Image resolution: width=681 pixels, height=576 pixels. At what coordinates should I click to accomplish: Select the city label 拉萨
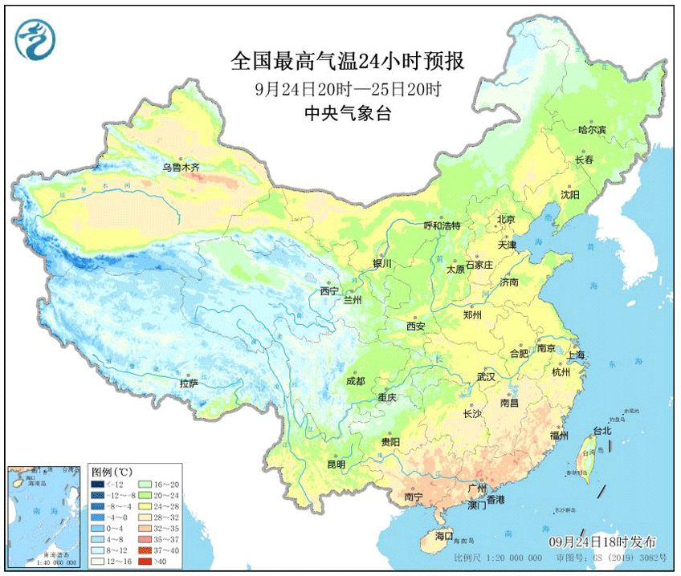coord(189,383)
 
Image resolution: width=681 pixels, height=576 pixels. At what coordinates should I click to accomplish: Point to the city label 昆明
coord(335,464)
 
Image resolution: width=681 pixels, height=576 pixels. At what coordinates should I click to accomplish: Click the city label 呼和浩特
coord(442,225)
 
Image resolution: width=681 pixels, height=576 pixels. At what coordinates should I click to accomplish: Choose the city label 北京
coord(505,219)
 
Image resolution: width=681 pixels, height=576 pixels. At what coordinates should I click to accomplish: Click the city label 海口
coord(444,536)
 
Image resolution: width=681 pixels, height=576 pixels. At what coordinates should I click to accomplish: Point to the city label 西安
coord(415,327)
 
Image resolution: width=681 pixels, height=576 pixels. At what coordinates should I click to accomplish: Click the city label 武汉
coord(486,375)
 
